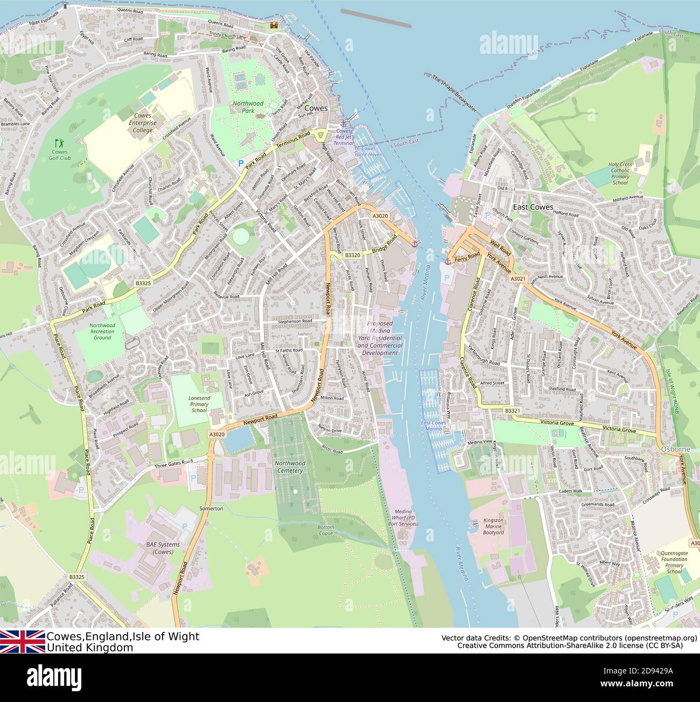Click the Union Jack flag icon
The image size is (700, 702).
(23, 642)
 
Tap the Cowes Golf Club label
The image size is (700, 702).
(60, 155)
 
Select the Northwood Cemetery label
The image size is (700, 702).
(290, 467)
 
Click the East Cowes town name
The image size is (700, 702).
(533, 207)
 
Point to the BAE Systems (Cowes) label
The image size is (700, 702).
(163, 548)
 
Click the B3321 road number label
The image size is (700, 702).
(513, 411)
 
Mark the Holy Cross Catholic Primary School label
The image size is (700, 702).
(620, 173)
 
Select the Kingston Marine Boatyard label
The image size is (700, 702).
(493, 526)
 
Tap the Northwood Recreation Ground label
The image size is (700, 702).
(102, 331)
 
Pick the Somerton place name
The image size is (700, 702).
(211, 508)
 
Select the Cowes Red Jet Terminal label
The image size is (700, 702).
(344, 137)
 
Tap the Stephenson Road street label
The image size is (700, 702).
(295, 321)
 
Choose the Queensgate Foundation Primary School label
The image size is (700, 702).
(674, 562)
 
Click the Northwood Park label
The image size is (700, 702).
(248, 107)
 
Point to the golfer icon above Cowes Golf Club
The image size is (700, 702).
(59, 143)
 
